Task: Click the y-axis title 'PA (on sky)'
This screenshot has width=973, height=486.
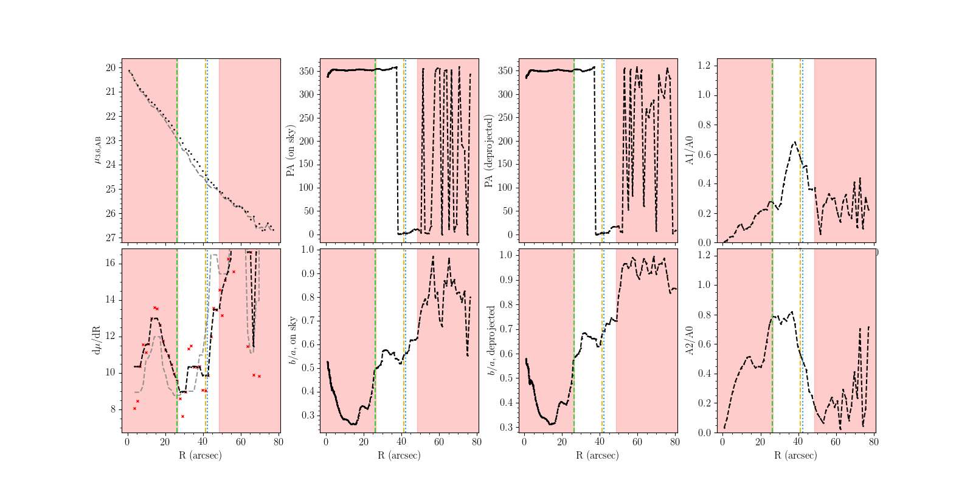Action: pyautogui.click(x=291, y=151)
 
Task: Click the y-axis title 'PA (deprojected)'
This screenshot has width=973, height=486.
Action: pyautogui.click(x=489, y=151)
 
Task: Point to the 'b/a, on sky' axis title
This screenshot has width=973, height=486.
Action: pyautogui.click(x=293, y=341)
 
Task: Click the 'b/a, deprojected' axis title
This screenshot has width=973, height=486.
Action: pyautogui.click(x=491, y=341)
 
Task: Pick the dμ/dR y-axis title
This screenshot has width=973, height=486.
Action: pyautogui.click(x=96, y=341)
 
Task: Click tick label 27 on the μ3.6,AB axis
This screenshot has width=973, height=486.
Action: pyautogui.click(x=111, y=238)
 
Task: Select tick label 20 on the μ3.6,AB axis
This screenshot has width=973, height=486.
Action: pyautogui.click(x=111, y=68)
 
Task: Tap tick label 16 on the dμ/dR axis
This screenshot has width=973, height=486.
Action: pyautogui.click(x=111, y=263)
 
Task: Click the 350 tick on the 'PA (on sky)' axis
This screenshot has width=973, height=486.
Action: pyautogui.click(x=306, y=71)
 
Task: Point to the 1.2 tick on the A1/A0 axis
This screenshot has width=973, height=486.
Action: pyautogui.click(x=705, y=66)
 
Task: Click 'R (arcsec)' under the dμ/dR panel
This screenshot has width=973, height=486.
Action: pyautogui.click(x=201, y=455)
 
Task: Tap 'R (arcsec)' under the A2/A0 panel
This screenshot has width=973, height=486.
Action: pyautogui.click(x=796, y=455)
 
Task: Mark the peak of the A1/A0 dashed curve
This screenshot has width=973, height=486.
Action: pyautogui.click(x=794, y=143)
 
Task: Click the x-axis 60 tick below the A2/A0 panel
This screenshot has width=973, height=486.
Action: pyautogui.click(x=836, y=442)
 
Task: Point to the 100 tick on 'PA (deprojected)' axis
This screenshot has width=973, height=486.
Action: pyautogui.click(x=505, y=188)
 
